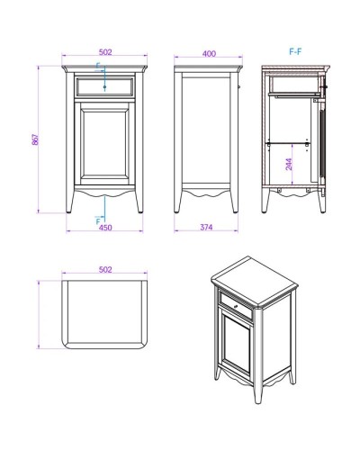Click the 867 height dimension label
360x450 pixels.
pyautogui.click(x=35, y=139)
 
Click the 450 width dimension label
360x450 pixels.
pyautogui.click(x=105, y=228)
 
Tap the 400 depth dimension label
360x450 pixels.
pyautogui.click(x=209, y=54)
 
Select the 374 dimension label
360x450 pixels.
pyautogui.click(x=206, y=227)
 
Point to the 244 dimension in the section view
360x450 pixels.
pyautogui.click(x=289, y=165)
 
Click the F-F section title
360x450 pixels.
pyautogui.click(x=295, y=51)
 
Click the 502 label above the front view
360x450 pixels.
pyautogui.click(x=105, y=52)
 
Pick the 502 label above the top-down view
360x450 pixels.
pyautogui.click(x=105, y=270)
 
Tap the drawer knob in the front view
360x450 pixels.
pyautogui.click(x=104, y=87)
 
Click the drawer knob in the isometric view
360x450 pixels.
pyautogui.click(x=236, y=306)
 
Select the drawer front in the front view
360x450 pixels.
pyautogui.click(x=104, y=87)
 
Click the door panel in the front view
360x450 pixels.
pyautogui.click(x=104, y=143)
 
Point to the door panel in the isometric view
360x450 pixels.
pyautogui.click(x=238, y=341)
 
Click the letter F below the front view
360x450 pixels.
pyautogui.click(x=98, y=221)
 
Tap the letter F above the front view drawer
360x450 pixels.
pyautogui.click(x=98, y=66)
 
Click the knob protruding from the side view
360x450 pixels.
pyautogui.click(x=238, y=87)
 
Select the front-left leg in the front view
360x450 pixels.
pyautogui.click(x=69, y=202)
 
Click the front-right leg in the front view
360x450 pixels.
pyautogui.click(x=139, y=202)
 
